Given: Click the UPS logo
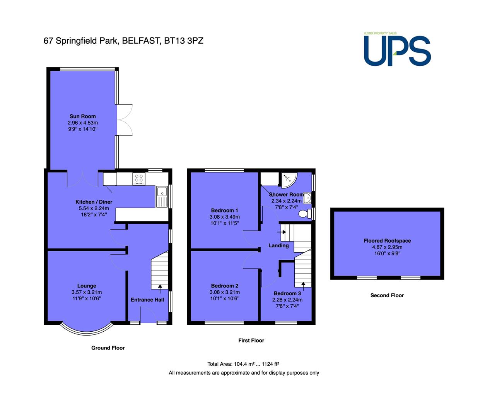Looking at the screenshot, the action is (397, 49).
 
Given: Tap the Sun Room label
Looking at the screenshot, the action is (83, 116).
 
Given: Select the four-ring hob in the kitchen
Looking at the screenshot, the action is (139, 179).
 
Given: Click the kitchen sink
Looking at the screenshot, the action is (162, 197).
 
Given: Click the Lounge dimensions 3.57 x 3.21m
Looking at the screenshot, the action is (87, 292).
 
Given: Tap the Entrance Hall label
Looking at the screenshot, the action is (147, 300).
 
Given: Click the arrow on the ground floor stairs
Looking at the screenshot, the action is (160, 289).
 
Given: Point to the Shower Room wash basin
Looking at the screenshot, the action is (307, 198).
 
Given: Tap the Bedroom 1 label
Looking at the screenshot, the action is (225, 211).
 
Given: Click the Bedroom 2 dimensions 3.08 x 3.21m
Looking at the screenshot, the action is (225, 292).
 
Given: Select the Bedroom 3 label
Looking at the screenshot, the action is (287, 293).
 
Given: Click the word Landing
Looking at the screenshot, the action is (278, 246).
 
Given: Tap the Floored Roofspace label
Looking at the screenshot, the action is (387, 241).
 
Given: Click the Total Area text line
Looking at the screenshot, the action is (243, 364).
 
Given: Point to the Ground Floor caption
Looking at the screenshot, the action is (108, 348).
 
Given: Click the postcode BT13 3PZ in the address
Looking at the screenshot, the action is (184, 41).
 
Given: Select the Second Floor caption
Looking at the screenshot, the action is (387, 295).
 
